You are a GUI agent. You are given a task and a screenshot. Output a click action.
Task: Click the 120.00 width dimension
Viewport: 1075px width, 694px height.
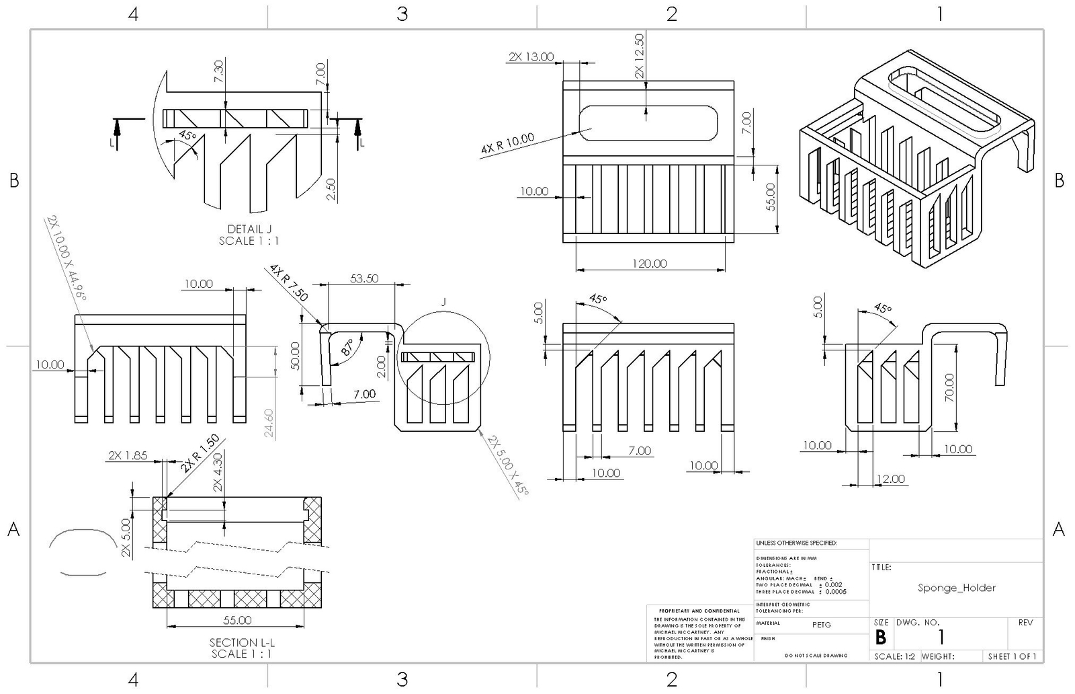pos(649,263)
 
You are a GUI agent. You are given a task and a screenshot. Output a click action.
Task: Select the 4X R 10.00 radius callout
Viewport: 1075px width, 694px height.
pos(507,145)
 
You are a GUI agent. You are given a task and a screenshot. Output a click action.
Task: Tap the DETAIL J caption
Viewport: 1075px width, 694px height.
pos(249,229)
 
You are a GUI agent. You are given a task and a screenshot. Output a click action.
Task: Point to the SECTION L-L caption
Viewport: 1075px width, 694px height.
pos(242,642)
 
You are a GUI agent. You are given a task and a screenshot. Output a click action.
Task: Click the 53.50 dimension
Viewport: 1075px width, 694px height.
pos(364,278)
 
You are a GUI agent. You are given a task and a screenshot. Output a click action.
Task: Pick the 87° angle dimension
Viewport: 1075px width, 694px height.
pos(347,347)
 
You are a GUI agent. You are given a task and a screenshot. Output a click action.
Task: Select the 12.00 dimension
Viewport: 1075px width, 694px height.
pos(890,479)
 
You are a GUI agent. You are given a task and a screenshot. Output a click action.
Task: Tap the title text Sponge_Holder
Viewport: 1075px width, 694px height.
pos(957,588)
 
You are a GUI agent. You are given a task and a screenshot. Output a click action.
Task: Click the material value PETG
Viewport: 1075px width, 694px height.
pos(821,625)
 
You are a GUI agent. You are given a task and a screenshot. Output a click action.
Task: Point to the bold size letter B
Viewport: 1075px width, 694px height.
pos(880,637)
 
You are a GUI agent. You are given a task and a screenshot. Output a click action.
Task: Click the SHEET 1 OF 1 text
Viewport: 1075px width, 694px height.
pos(1012,656)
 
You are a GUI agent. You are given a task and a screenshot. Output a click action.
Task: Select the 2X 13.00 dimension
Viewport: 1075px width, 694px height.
pos(531,56)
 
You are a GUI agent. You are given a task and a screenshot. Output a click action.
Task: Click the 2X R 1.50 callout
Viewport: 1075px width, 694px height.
pos(200,454)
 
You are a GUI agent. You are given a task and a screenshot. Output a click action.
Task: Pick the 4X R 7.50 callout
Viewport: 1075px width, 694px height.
pos(288,283)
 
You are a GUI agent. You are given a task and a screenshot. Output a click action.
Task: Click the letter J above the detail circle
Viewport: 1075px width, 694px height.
pos(443,302)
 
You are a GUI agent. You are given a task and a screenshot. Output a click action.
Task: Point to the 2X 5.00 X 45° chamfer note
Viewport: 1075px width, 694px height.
pos(509,466)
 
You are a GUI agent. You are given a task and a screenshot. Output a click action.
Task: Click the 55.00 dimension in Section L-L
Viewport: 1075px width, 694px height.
pos(237,619)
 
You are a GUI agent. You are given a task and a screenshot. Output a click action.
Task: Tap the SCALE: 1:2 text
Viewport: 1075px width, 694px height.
pos(896,656)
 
